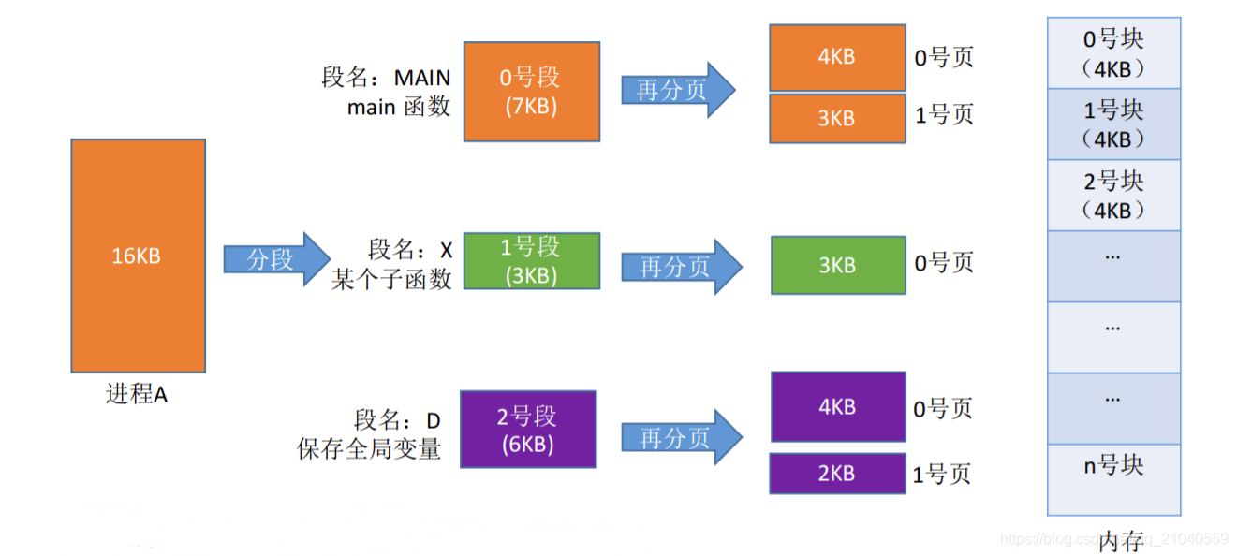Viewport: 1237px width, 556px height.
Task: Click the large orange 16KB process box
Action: (138, 256)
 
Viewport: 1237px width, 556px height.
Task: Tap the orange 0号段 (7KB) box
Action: (531, 91)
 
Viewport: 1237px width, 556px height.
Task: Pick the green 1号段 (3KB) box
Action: (531, 260)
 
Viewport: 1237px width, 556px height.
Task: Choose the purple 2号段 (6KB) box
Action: (529, 430)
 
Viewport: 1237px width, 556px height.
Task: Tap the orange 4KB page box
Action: (837, 56)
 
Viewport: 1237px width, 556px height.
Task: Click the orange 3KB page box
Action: (837, 119)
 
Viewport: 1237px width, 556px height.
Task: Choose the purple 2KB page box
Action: (837, 474)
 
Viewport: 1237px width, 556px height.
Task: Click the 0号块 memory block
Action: (1113, 53)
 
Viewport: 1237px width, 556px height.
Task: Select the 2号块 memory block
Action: (1113, 195)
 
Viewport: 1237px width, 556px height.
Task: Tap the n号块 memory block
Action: (1113, 465)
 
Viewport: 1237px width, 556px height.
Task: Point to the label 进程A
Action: (137, 394)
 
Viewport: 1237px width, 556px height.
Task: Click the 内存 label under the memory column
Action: (1120, 541)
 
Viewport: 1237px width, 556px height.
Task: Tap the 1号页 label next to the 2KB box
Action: (942, 475)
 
